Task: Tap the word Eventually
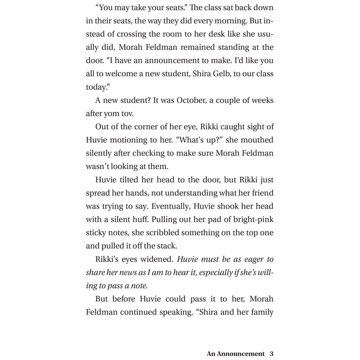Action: [171, 206]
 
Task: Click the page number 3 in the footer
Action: [272, 354]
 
